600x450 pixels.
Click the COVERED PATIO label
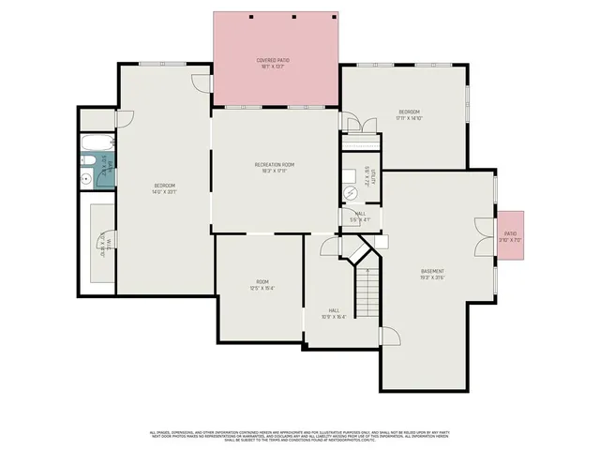tap(274, 60)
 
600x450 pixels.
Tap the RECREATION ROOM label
tap(275, 165)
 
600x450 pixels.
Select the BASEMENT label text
tap(432, 271)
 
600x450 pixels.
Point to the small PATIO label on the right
tap(510, 233)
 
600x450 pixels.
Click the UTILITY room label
tap(372, 177)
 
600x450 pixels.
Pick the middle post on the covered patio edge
tap(293, 17)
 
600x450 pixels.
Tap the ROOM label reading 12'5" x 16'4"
tap(262, 285)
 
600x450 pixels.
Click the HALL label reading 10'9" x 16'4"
tap(334, 313)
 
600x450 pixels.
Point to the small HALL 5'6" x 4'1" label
tap(361, 217)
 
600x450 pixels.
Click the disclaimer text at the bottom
tap(300, 436)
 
